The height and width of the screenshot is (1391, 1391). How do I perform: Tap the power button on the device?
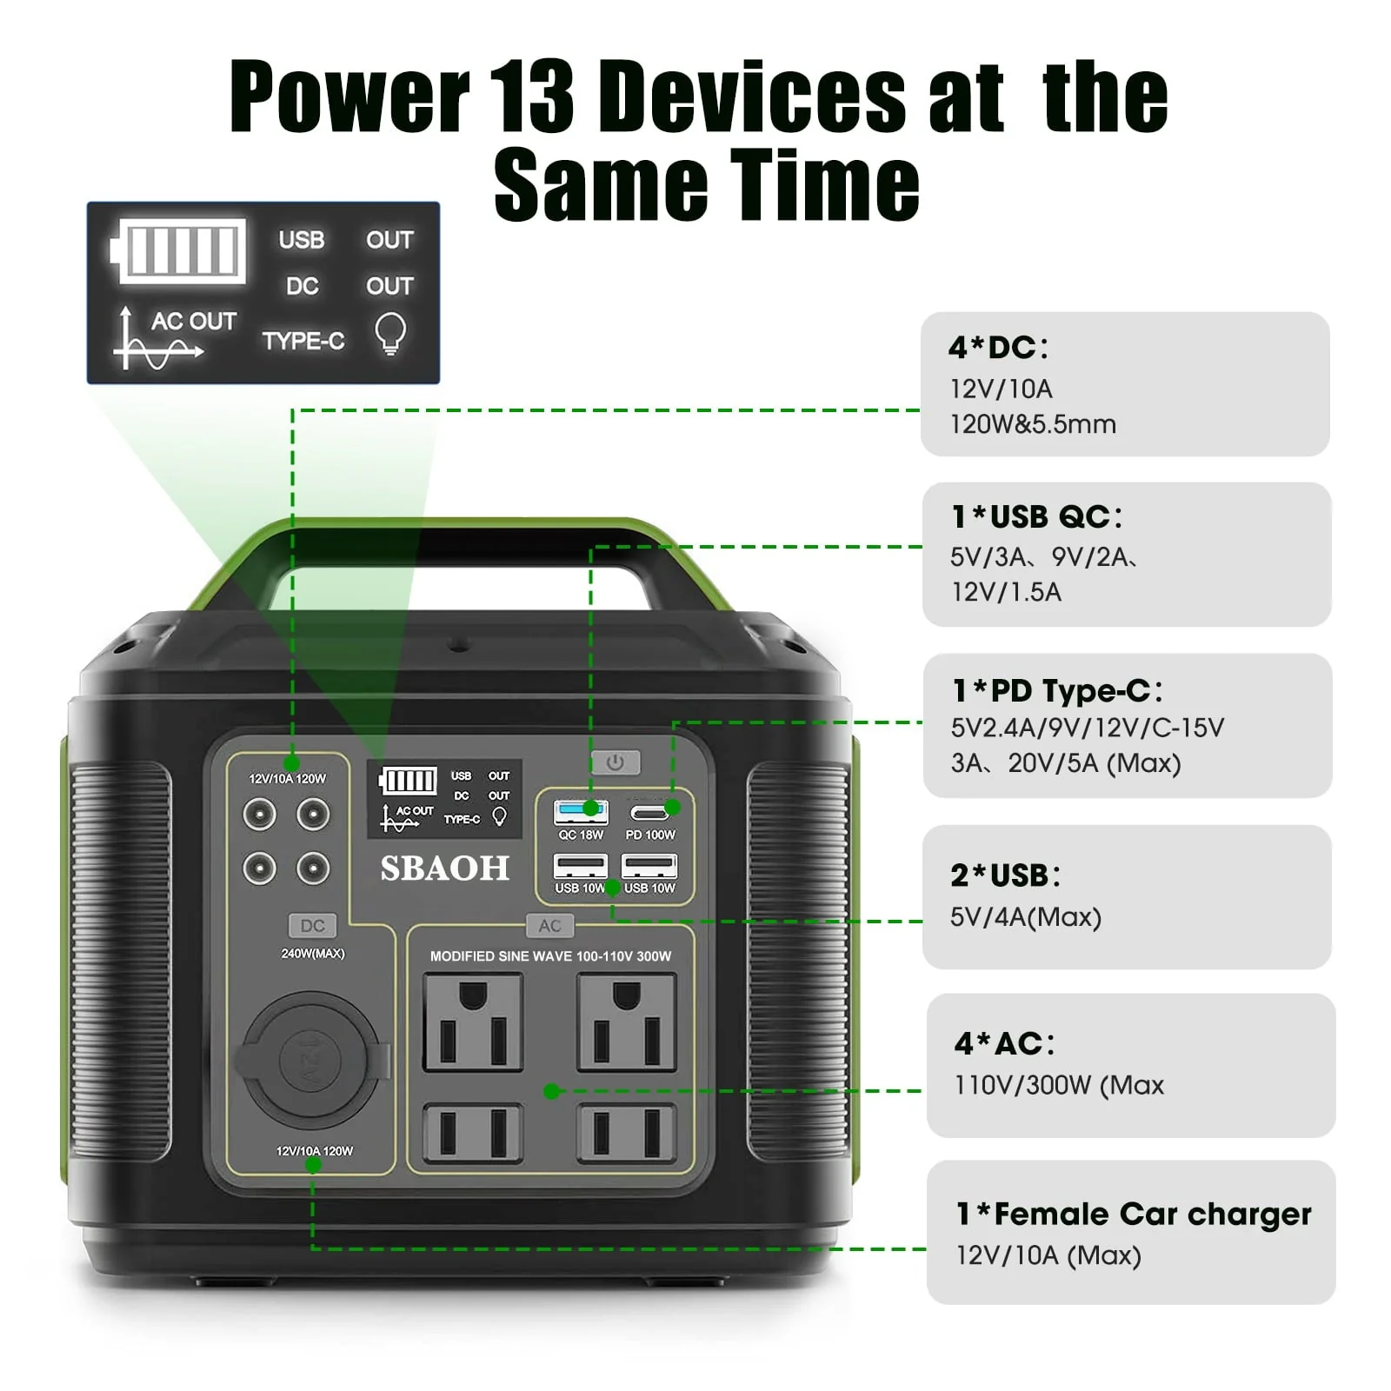coord(616,762)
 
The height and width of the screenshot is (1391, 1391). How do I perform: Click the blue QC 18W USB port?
coord(581,812)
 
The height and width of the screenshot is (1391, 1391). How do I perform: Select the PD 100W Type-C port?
coord(649,813)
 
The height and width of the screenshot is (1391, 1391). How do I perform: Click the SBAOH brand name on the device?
coord(444,869)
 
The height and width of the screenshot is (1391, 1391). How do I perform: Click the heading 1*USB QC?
coord(1036,517)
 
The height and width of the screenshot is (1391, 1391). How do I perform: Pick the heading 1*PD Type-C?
coord(1057,691)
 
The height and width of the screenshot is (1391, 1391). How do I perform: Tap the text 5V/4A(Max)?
coord(1026,917)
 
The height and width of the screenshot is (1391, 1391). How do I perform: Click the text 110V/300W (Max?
coord(1059,1085)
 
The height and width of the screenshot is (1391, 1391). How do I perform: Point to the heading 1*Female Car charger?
coord(1134,1214)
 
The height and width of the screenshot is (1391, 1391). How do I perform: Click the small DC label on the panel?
coord(312,926)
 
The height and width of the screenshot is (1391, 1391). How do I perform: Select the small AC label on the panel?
coord(549,926)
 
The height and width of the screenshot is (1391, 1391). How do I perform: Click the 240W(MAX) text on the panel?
coord(313,954)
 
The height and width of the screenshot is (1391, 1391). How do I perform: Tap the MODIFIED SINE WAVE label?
coord(550,956)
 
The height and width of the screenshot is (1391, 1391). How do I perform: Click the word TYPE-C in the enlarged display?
coord(303,341)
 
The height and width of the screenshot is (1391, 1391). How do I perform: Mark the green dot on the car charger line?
coord(314,1165)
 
